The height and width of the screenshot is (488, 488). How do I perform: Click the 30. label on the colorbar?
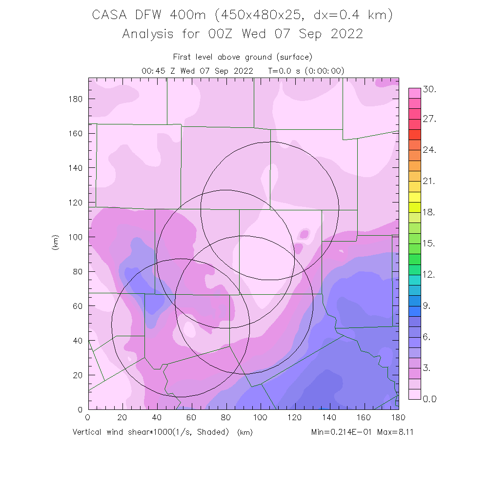(429, 89)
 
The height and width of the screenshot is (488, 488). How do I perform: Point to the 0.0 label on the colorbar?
(429, 399)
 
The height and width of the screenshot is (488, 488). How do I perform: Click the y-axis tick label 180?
(75, 99)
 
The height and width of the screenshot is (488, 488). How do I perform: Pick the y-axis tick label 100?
(75, 237)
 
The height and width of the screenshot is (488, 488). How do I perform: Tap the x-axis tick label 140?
(329, 418)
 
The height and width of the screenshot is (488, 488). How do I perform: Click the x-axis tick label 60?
(191, 418)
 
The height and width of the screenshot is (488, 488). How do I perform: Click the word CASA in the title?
(108, 15)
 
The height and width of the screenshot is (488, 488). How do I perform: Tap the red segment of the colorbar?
(414, 134)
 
